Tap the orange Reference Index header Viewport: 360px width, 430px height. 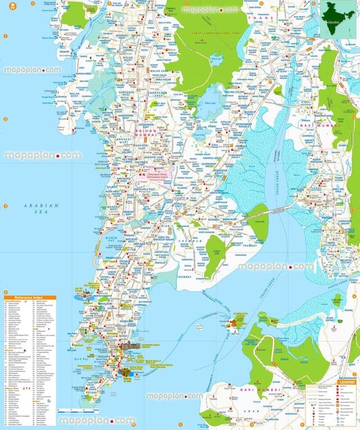(28, 296)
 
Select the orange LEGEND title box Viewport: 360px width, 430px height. (344, 383)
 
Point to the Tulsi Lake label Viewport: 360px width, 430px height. (214, 57)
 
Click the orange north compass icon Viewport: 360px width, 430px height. (4, 4)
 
